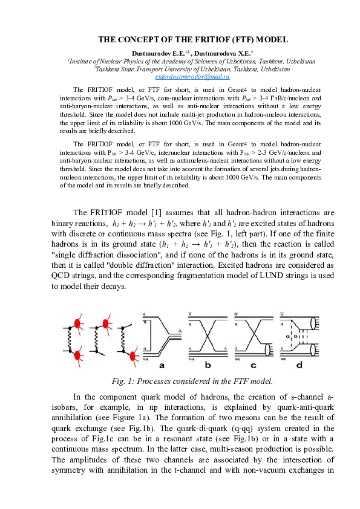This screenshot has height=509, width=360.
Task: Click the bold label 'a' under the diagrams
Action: coord(162,366)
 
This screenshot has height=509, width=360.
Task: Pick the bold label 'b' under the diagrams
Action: coord(208,366)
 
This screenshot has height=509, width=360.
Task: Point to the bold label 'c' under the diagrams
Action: coord(253,366)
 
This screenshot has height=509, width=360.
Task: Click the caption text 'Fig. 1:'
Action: coord(126,381)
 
